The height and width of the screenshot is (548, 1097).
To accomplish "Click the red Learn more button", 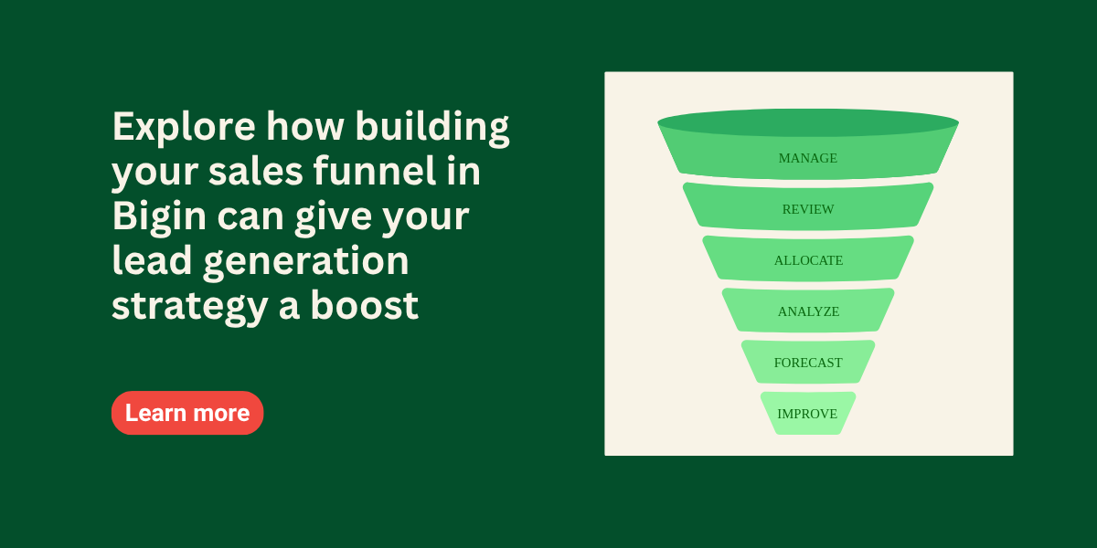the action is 187,413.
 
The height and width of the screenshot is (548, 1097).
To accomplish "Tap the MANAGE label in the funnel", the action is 807,158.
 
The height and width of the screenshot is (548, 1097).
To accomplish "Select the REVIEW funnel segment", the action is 808,206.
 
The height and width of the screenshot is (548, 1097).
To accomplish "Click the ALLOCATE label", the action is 808,260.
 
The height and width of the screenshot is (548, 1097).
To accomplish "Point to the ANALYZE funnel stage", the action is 808,311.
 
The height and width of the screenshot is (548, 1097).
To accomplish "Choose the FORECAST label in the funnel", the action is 808,363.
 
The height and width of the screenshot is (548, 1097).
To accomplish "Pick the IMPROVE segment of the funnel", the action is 808,413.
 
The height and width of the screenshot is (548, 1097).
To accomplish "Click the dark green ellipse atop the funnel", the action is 808,122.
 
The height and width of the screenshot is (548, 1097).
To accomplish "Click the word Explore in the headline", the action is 184,128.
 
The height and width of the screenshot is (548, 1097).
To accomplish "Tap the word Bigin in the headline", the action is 159,217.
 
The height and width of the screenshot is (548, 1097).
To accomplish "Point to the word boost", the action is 365,305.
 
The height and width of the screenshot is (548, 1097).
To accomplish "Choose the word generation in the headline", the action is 306,262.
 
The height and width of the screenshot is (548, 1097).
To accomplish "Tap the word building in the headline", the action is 432,127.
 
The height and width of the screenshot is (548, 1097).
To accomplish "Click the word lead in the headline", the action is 152,260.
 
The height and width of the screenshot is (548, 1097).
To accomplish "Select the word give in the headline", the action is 333,217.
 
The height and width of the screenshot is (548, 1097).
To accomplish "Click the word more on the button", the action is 222,413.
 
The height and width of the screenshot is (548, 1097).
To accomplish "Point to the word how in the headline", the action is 305,126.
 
